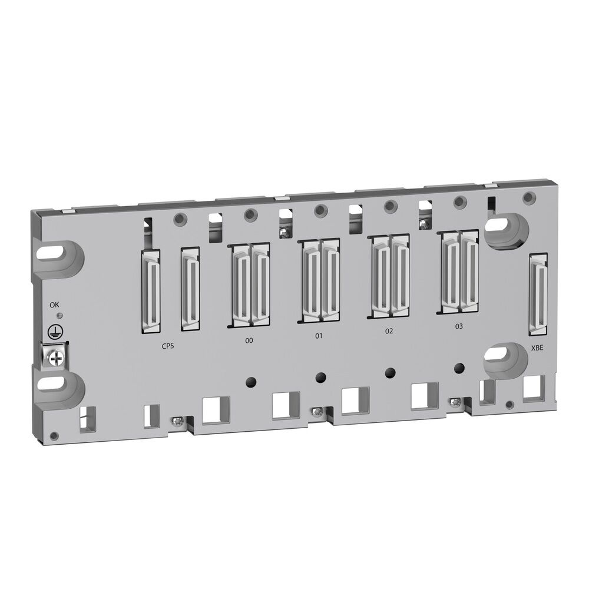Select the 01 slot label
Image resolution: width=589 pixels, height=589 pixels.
pyautogui.click(x=319, y=336)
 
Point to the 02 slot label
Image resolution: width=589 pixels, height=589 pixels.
pyautogui.click(x=389, y=331)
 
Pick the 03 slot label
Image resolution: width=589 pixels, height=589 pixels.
pyautogui.click(x=459, y=326)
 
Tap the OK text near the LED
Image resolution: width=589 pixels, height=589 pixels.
pyautogui.click(x=55, y=305)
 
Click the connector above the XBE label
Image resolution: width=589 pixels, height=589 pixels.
pyautogui.click(x=538, y=299)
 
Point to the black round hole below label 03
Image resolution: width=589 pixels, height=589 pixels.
pyautogui.click(x=458, y=369)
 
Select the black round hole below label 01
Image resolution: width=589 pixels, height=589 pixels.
pyautogui.click(x=320, y=376)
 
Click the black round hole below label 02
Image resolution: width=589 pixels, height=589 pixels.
pyautogui.click(x=389, y=372)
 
